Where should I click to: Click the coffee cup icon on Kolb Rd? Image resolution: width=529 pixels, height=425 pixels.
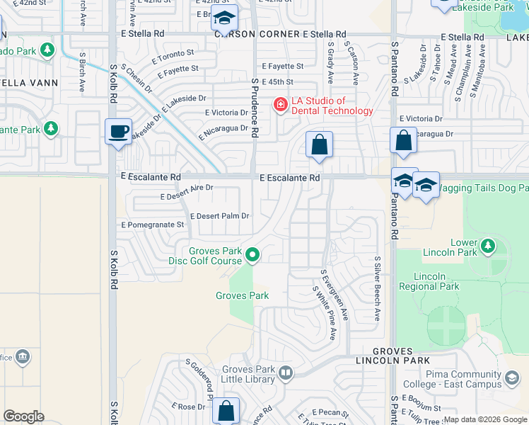(x=118, y=131)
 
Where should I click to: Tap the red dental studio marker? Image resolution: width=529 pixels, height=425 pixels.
(x=280, y=106)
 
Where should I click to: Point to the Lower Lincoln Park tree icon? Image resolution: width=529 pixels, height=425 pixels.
(x=487, y=245)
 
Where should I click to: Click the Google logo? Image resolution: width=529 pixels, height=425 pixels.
(x=24, y=416)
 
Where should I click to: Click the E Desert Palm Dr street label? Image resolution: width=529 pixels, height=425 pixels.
(x=220, y=216)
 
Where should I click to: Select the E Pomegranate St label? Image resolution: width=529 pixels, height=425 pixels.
(x=153, y=225)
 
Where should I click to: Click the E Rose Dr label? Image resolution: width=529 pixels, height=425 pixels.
(x=187, y=407)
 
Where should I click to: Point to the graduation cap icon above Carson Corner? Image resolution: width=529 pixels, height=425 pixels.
(x=225, y=20)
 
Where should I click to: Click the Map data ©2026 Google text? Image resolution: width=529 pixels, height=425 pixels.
(x=485, y=419)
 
